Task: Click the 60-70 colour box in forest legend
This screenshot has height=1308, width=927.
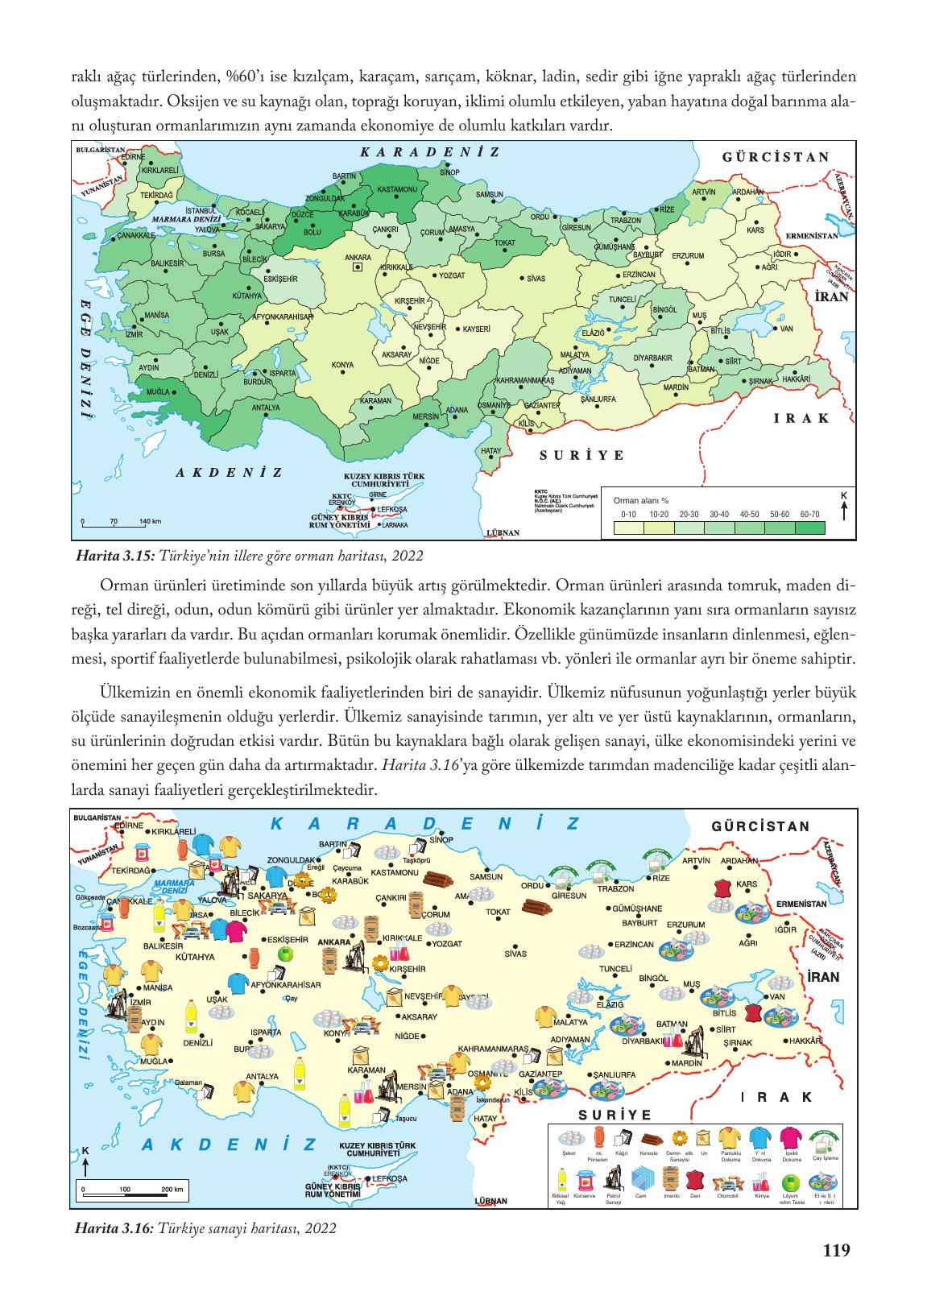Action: [x=811, y=528]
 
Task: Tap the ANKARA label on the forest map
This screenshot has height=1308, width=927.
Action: [x=357, y=258]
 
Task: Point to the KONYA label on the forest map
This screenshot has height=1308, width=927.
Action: [x=342, y=365]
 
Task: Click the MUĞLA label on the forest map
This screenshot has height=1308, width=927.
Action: [x=155, y=391]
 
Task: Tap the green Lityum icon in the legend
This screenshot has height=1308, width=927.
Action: [x=791, y=1182]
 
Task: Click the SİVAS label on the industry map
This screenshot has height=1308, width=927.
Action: [x=515, y=954]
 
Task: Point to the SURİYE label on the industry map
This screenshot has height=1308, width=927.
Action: [x=614, y=1114]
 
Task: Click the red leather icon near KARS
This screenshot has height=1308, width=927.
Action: [x=723, y=889]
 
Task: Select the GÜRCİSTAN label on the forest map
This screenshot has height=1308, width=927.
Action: [x=776, y=156]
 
